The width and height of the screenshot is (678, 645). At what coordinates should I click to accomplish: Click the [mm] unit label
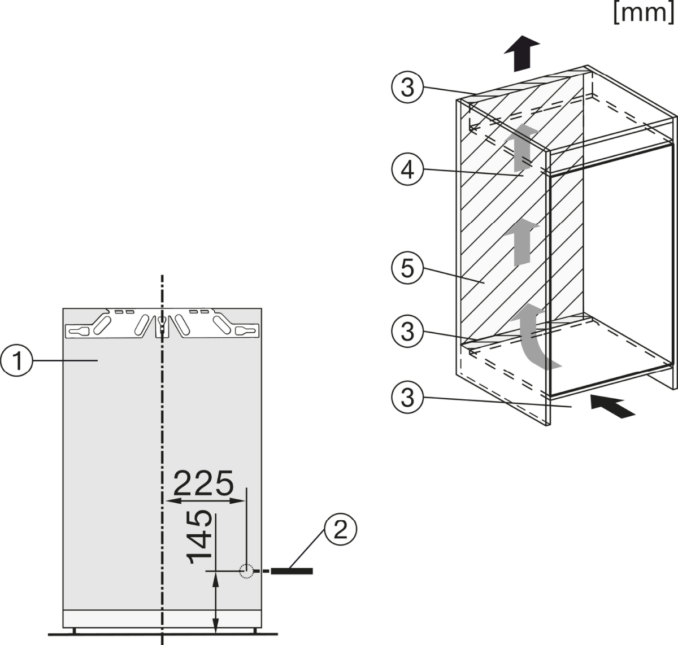[x=644, y=13]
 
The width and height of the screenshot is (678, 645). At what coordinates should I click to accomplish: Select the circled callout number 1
[x=16, y=360]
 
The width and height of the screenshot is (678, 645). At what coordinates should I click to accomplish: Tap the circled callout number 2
[x=340, y=530]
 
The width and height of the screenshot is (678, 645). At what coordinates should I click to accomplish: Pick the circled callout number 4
[x=407, y=169]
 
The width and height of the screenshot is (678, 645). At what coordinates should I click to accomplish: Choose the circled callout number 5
[x=407, y=268]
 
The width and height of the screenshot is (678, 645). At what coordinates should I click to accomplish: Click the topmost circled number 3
[x=407, y=87]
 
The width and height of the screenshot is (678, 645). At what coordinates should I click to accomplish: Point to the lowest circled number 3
[x=407, y=397]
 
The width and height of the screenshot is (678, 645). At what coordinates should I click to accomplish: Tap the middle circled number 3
[x=407, y=332]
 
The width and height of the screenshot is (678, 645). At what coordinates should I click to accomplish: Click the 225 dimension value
[x=203, y=483]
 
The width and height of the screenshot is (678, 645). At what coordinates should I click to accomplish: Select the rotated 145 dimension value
[x=199, y=537]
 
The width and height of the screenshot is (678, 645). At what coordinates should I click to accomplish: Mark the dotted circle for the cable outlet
[x=246, y=571]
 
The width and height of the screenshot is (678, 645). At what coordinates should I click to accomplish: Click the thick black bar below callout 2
[x=292, y=571]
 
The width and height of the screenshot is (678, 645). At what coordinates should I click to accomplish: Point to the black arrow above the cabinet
[x=521, y=54]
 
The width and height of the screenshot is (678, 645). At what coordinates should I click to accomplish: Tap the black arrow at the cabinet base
[x=612, y=407]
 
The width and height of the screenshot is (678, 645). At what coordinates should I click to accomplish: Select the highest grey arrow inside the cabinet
[x=521, y=147]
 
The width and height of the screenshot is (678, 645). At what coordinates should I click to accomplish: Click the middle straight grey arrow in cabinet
[x=521, y=242]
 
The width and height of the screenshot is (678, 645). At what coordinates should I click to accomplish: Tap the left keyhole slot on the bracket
[x=79, y=332]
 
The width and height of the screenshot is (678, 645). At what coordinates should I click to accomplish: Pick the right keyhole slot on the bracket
[x=245, y=332]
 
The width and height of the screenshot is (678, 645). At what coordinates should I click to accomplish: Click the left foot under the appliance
[x=74, y=630]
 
